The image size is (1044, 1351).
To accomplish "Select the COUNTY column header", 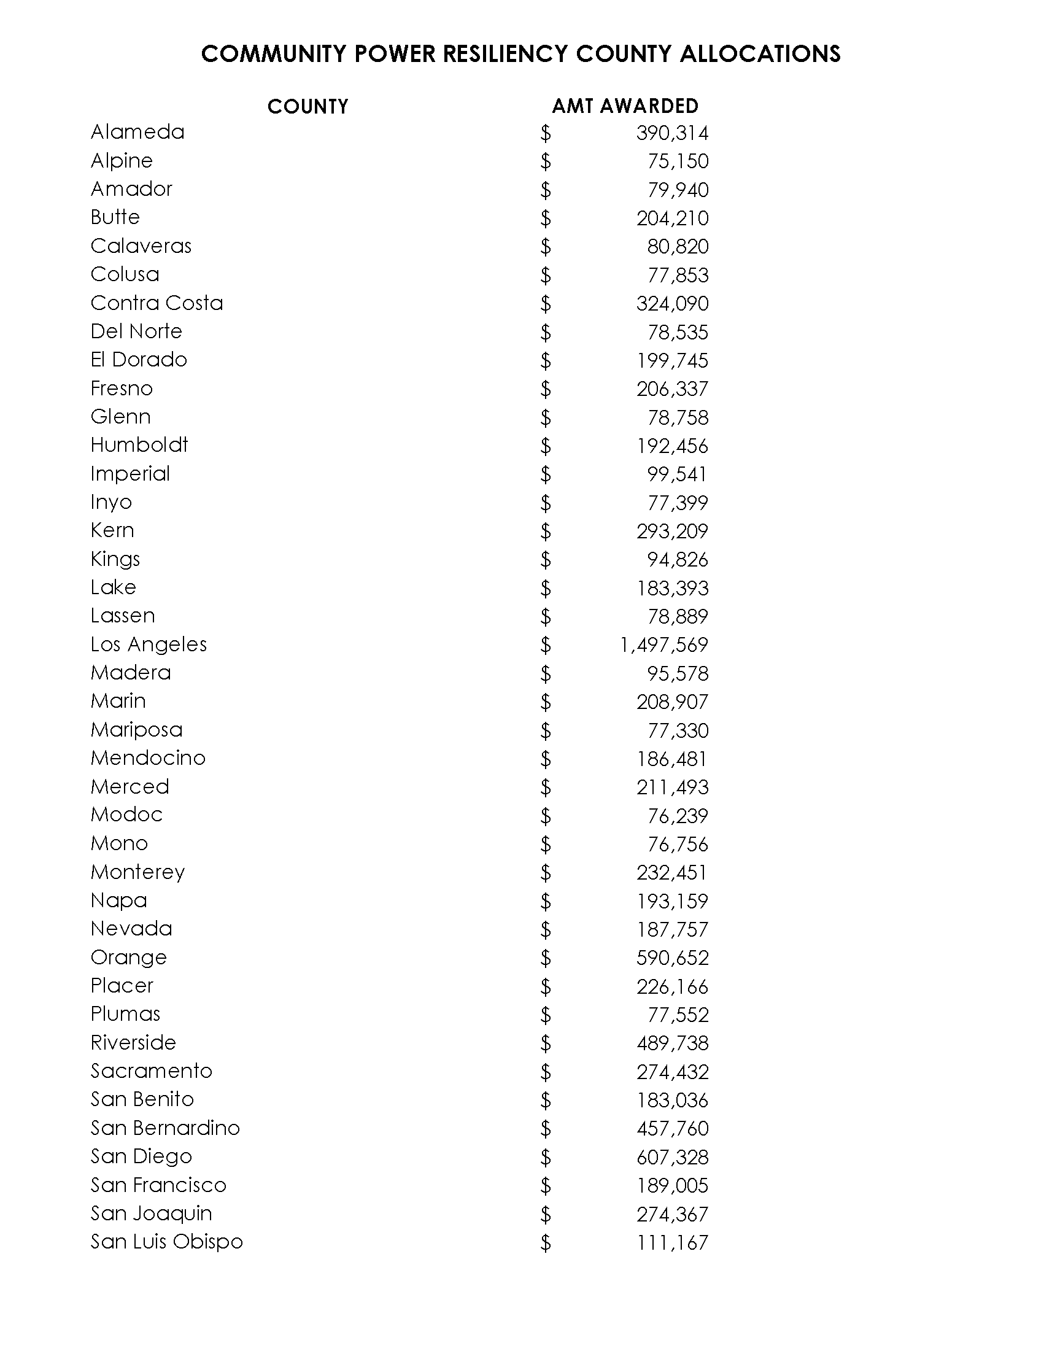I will point(307,106).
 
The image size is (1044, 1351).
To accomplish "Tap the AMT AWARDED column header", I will point(625,106).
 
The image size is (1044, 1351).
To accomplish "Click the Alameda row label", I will point(137,132).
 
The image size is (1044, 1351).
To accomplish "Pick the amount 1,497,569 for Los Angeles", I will point(663,645).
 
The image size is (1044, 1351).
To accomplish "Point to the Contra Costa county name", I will point(157,303).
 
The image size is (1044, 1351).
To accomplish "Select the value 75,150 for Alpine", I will point(678,161).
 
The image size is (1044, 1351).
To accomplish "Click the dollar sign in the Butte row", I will point(545,218).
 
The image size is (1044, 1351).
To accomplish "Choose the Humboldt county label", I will point(139,445).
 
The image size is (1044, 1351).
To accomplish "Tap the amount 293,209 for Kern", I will point(672,532).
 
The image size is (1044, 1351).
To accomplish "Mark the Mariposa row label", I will point(137,730).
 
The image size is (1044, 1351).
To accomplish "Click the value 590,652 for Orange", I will point(672,958).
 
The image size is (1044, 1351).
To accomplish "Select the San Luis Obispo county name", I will point(166,1242).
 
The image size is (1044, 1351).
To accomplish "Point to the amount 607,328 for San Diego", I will point(672,1158).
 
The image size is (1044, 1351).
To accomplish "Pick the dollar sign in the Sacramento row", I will point(545,1072).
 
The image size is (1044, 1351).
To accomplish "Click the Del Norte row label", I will point(136,331).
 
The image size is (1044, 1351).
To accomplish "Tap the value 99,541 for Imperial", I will point(677,474).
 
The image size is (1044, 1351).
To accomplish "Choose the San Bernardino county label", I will point(165,1128).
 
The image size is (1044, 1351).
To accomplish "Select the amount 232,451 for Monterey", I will point(671,873).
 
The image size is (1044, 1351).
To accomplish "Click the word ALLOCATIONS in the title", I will point(760,55).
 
